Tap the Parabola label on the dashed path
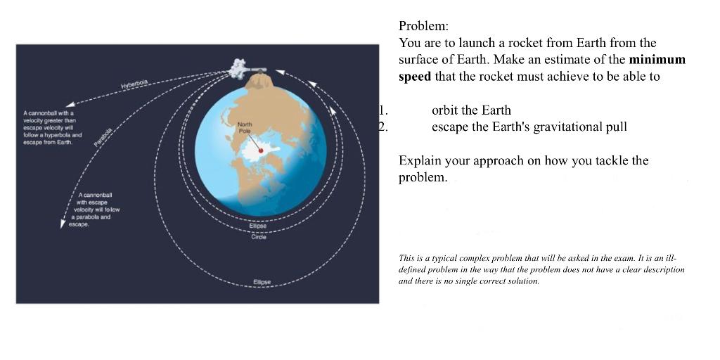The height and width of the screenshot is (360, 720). pos(103,136)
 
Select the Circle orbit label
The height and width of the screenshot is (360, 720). pos(258,237)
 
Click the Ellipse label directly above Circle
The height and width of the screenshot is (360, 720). pos(258,226)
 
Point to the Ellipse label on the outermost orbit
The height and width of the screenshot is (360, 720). pos(262,283)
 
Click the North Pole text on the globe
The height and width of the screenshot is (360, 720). pos(245,127)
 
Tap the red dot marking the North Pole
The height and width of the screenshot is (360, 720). pos(260,150)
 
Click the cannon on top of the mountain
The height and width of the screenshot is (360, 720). pos(256,68)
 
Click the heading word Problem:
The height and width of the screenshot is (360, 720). pos(423,27)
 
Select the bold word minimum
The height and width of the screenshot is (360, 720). pos(657,60)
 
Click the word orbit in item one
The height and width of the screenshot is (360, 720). pos(446,110)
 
